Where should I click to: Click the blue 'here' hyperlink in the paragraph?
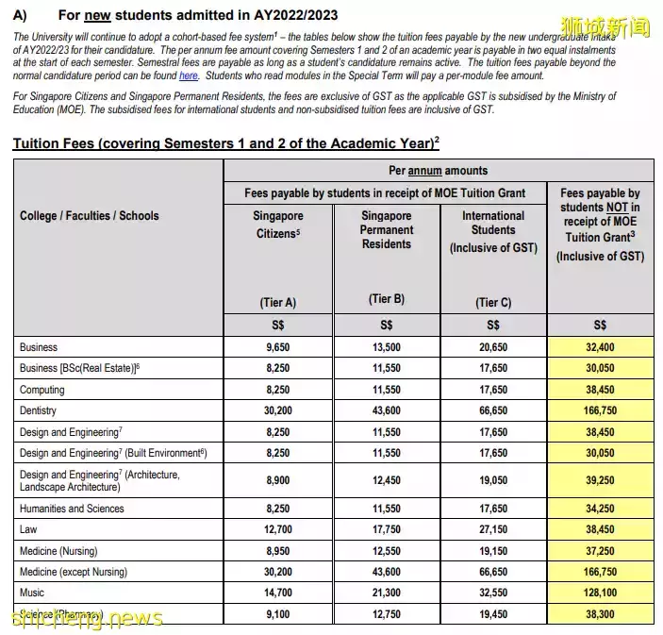click(189, 75)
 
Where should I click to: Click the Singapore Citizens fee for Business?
click(277, 347)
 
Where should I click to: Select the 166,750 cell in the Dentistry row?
click(600, 410)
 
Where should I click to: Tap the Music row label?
click(32, 592)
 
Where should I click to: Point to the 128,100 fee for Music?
click(600, 592)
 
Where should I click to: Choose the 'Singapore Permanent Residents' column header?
click(386, 229)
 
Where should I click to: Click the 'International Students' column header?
click(493, 223)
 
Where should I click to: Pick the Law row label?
click(28, 529)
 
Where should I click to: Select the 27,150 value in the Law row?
click(493, 529)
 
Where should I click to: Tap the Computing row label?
click(41, 389)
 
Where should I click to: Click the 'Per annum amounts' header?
click(439, 171)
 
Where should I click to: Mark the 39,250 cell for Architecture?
click(600, 480)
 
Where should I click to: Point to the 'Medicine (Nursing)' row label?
click(58, 550)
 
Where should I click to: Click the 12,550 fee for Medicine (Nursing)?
click(386, 550)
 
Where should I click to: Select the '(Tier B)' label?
click(386, 299)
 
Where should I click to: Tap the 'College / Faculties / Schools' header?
click(90, 216)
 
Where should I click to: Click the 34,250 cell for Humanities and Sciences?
click(600, 509)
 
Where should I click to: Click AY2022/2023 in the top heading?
click(282, 15)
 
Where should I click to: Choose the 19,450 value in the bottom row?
click(493, 612)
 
